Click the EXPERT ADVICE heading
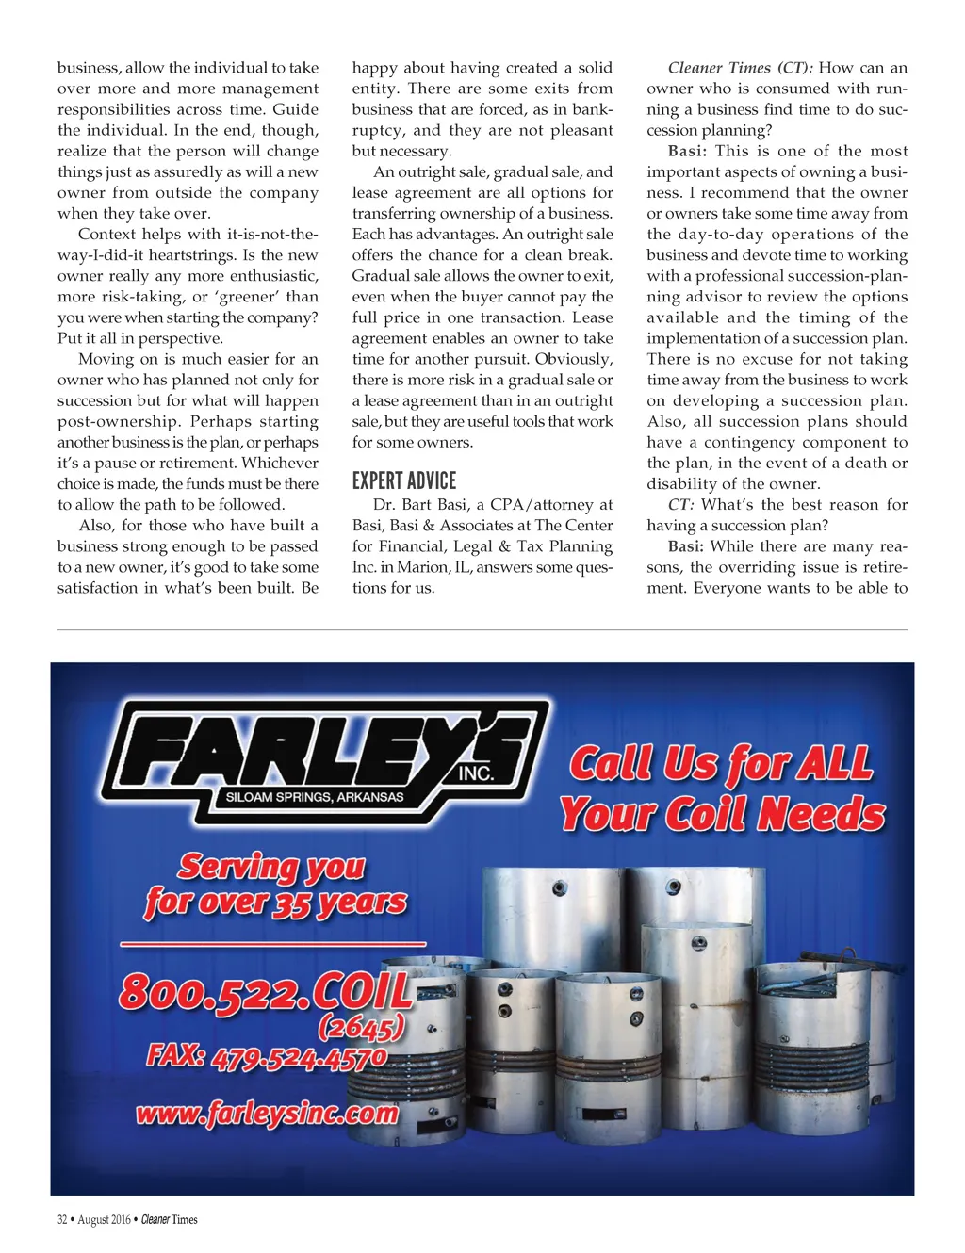pos(403,480)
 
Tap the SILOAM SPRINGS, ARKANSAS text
pos(315,797)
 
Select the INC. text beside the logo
pos(476,774)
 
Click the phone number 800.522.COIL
pos(267,991)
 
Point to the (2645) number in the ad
pos(362,1026)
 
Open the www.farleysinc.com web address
pos(267,1114)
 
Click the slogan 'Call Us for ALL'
pos(721,764)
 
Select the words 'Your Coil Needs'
pos(723,814)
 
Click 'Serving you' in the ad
pos(271,865)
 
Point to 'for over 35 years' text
pos(276,903)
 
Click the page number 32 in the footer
pos(62,1220)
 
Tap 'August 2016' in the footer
pos(104,1220)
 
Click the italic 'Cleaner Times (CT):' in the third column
pos(741,68)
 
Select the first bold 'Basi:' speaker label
pos(686,151)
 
